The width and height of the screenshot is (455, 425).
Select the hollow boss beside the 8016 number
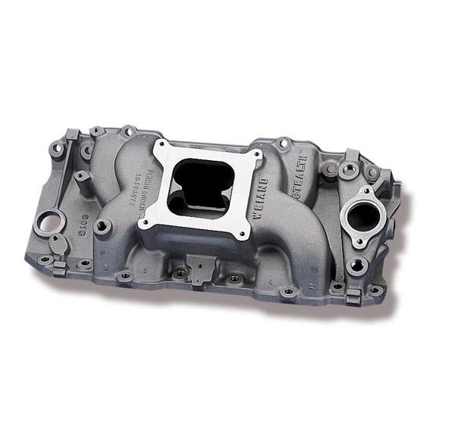click(102, 225)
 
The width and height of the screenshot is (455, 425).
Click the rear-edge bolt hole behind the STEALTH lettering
click(284, 141)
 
